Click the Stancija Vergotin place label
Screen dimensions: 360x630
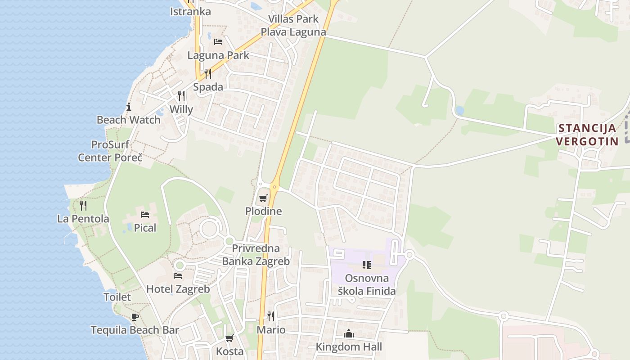587,134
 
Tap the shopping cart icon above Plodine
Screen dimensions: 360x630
263,198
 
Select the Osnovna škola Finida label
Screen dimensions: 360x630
367,284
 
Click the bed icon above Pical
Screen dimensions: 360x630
145,215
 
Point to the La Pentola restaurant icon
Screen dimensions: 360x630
83,206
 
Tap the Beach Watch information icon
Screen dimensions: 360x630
129,107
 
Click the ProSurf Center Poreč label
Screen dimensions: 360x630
110,151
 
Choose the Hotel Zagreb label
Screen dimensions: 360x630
178,289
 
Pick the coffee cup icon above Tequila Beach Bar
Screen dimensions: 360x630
135,317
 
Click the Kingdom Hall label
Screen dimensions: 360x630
349,346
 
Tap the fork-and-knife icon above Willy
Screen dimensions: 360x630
181,95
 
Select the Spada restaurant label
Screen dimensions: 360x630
208,87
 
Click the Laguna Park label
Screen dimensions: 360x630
218,55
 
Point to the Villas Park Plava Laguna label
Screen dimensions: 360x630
293,26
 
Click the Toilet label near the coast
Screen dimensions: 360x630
117,297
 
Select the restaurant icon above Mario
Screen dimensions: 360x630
271,316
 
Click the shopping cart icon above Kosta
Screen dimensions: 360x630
229,338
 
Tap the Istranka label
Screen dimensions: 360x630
190,12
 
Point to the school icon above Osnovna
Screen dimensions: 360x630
367,265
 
